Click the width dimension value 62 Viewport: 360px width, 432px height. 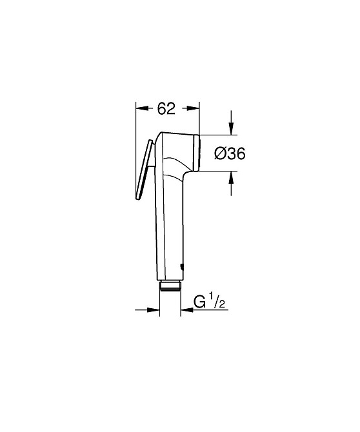pyautogui.click(x=166, y=109)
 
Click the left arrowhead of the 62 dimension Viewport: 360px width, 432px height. pyautogui.click(x=140, y=109)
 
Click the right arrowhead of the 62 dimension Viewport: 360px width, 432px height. pyautogui.click(x=194, y=109)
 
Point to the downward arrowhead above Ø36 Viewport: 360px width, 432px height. pyautogui.click(x=232, y=131)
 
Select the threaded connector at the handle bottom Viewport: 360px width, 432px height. pyautogui.click(x=170, y=285)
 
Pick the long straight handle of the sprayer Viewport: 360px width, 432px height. pyautogui.click(x=170, y=226)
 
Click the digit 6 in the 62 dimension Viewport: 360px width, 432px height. pyautogui.click(x=162, y=109)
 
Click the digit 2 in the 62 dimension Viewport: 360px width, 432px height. pyautogui.click(x=171, y=109)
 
